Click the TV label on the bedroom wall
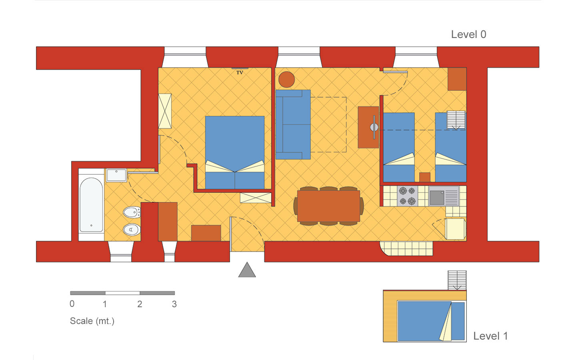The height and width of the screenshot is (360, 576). tap(240, 73)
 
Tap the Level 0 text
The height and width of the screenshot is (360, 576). tap(468, 34)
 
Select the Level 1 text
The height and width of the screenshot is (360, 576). tap(491, 336)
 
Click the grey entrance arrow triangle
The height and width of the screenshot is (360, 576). tap(247, 270)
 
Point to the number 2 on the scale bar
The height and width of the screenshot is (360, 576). tap(140, 304)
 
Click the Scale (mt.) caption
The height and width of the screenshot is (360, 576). tap(92, 321)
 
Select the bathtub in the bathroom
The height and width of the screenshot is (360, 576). tap(91, 205)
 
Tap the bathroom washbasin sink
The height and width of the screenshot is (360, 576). tap(116, 175)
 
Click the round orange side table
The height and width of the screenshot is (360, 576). tap(286, 80)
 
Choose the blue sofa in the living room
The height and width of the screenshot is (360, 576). tap(293, 124)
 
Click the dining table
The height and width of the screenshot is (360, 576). tap(328, 206)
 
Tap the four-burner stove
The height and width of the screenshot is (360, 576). tap(407, 196)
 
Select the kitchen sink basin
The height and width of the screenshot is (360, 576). tap(437, 198)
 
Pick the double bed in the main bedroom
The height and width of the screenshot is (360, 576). tap(235, 152)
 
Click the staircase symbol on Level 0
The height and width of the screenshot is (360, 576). tap(456, 120)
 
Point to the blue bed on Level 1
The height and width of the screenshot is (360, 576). tap(431, 321)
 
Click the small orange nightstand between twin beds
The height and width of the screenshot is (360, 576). tap(425, 177)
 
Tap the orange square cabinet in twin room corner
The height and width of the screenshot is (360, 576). tap(457, 79)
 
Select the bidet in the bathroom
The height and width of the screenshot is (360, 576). tap(132, 212)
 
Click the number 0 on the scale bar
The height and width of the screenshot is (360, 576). tap(72, 304)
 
